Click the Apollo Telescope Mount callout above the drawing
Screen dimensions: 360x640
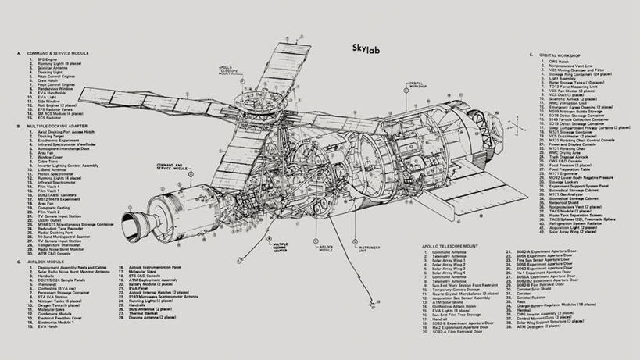[233, 73]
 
